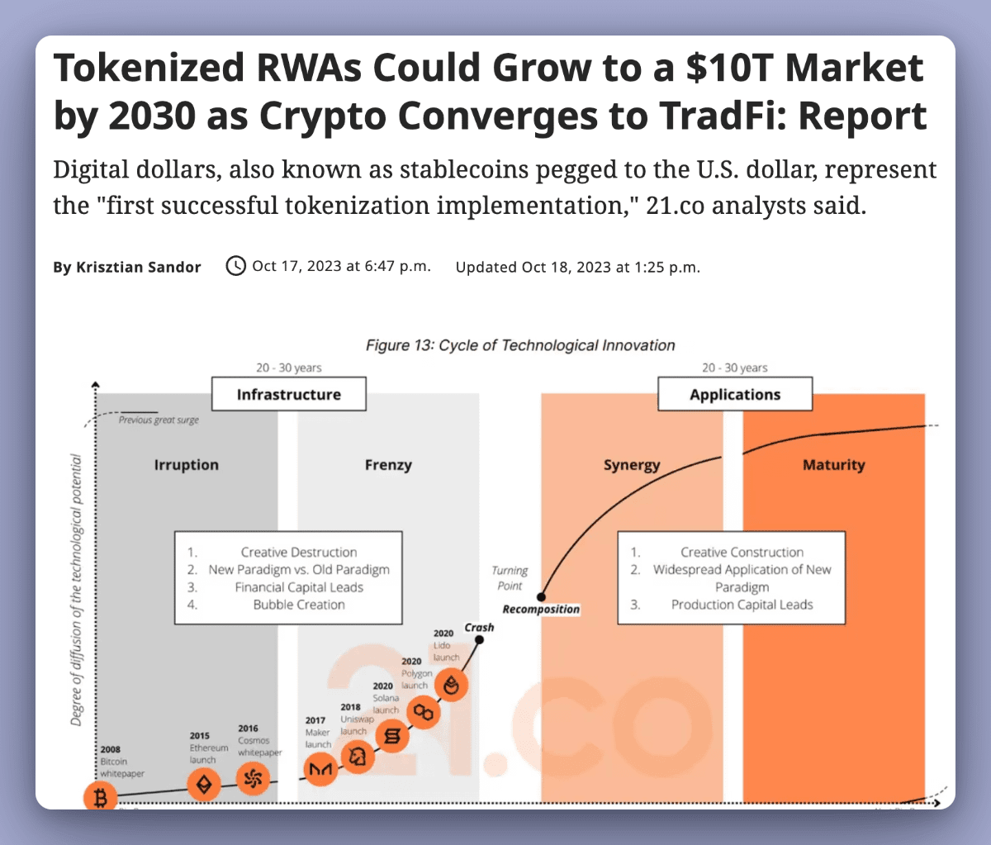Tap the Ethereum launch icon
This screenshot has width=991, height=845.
203,784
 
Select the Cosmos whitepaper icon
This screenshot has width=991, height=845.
253,777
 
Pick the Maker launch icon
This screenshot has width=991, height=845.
320,769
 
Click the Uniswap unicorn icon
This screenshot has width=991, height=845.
356,757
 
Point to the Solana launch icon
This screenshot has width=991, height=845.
392,735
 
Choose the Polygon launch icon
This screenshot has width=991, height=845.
424,711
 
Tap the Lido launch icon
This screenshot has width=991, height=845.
452,684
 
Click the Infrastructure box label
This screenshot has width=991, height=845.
288,394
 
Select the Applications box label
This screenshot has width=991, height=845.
735,394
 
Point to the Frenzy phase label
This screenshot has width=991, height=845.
388,465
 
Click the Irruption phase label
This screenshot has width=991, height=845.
187,465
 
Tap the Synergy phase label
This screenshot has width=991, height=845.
632,465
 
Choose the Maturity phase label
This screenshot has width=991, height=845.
833,465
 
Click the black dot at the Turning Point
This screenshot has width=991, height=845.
542,596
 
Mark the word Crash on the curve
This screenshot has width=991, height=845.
479,628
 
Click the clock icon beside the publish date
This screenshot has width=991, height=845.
236,266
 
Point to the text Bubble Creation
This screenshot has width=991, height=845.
299,605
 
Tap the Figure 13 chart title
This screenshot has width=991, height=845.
520,345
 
